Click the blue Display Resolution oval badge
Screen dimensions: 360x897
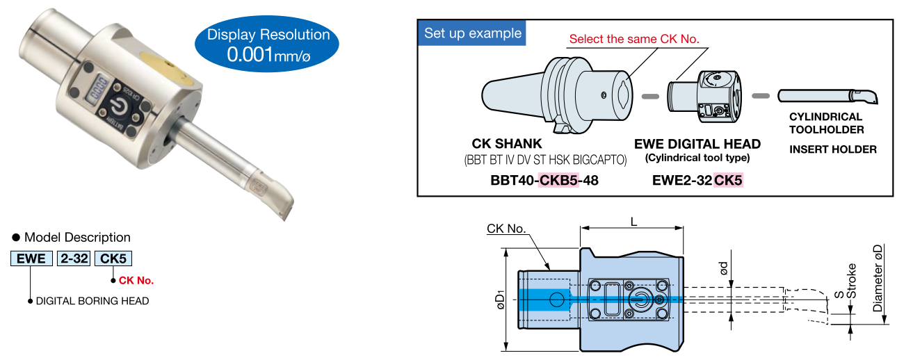click(x=268, y=44)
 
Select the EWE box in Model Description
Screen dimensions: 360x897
click(x=31, y=259)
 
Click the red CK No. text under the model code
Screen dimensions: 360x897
click(x=136, y=281)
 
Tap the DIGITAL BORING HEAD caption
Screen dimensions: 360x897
click(x=92, y=301)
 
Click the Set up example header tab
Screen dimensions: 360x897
click(x=472, y=33)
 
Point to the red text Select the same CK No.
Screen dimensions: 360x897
click(x=634, y=39)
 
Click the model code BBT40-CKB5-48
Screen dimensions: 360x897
click(x=544, y=181)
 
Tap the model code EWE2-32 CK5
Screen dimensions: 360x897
click(x=697, y=181)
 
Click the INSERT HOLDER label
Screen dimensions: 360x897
click(x=832, y=149)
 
